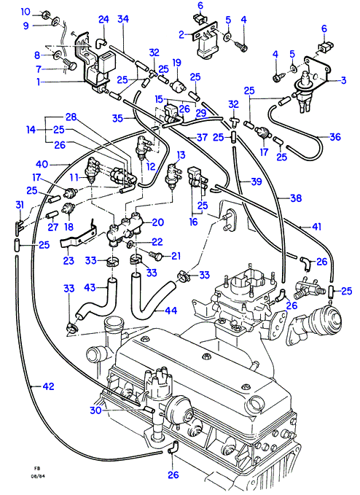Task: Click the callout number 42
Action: click(x=47, y=386)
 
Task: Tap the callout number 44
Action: click(x=171, y=311)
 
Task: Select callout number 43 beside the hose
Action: click(x=90, y=287)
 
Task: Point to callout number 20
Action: click(x=157, y=222)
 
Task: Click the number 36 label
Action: click(x=335, y=137)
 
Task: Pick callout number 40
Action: click(x=42, y=164)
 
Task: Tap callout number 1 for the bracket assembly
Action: click(x=39, y=82)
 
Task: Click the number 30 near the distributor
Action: click(x=95, y=410)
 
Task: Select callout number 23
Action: click(x=69, y=260)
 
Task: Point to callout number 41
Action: click(x=316, y=226)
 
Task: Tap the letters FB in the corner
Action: click(x=37, y=468)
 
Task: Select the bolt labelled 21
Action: click(x=155, y=255)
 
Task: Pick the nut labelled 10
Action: click(x=45, y=14)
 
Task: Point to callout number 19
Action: click(x=176, y=62)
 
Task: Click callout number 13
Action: click(x=181, y=155)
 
